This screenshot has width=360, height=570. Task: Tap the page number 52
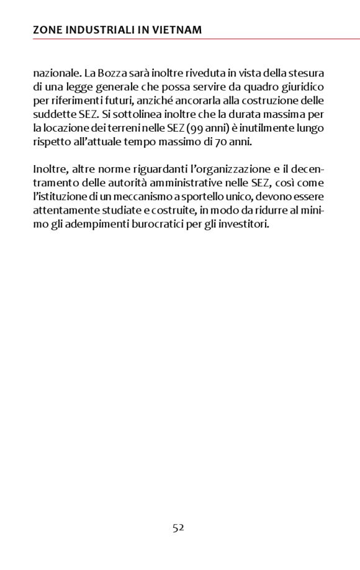pyautogui.click(x=179, y=528)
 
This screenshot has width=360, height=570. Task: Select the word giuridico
pyautogui.click(x=302, y=87)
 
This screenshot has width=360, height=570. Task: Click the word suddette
pyautogui.click(x=53, y=114)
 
